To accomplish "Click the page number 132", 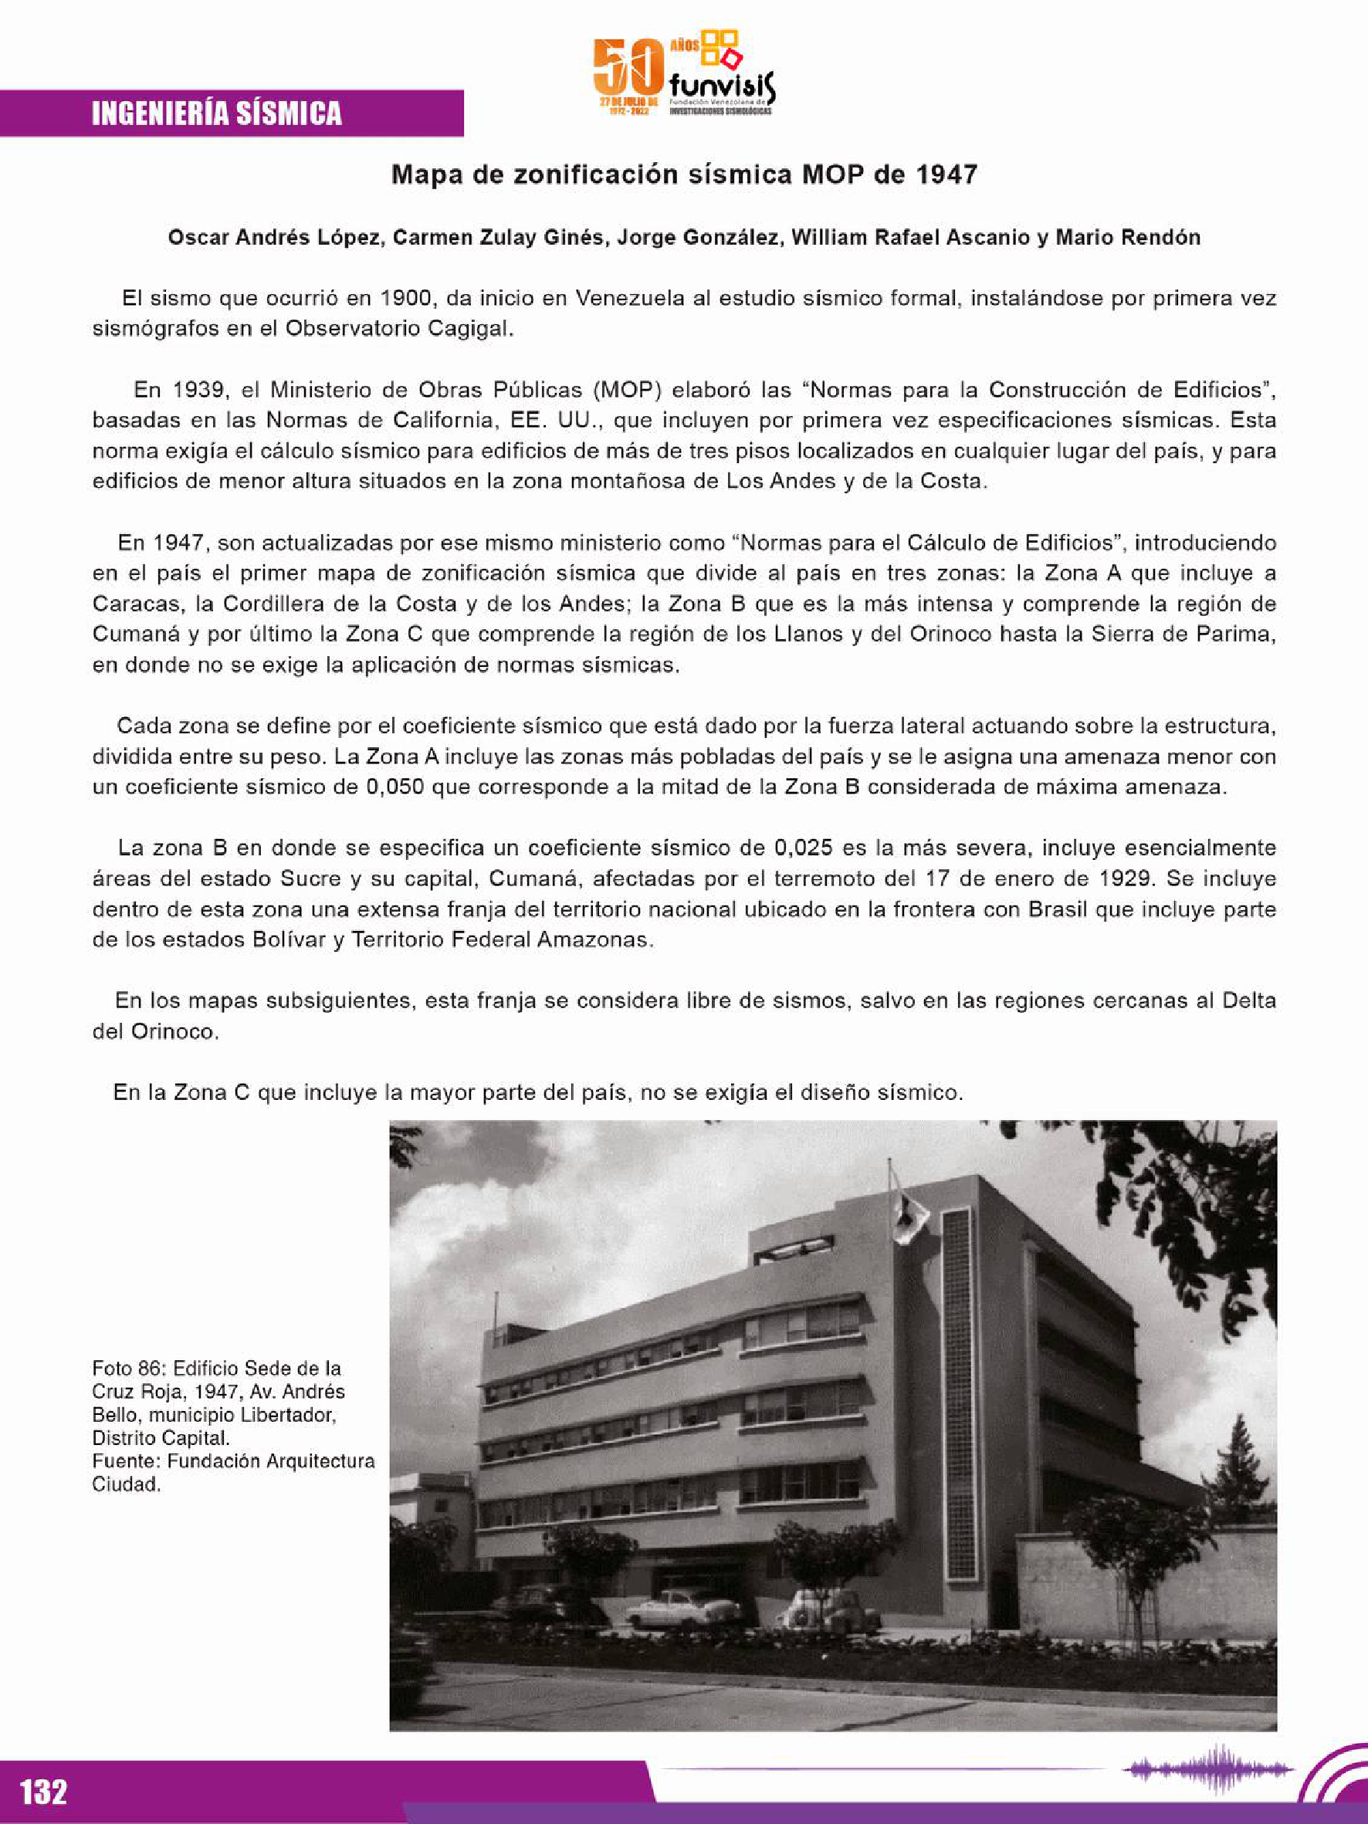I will click(x=43, y=1790).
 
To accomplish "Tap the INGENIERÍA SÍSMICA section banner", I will click(x=217, y=113).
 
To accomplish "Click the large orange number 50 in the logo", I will click(x=628, y=69).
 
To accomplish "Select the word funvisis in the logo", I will click(x=723, y=86).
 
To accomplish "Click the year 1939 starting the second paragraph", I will click(x=195, y=390).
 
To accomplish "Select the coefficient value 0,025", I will click(x=811, y=848).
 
